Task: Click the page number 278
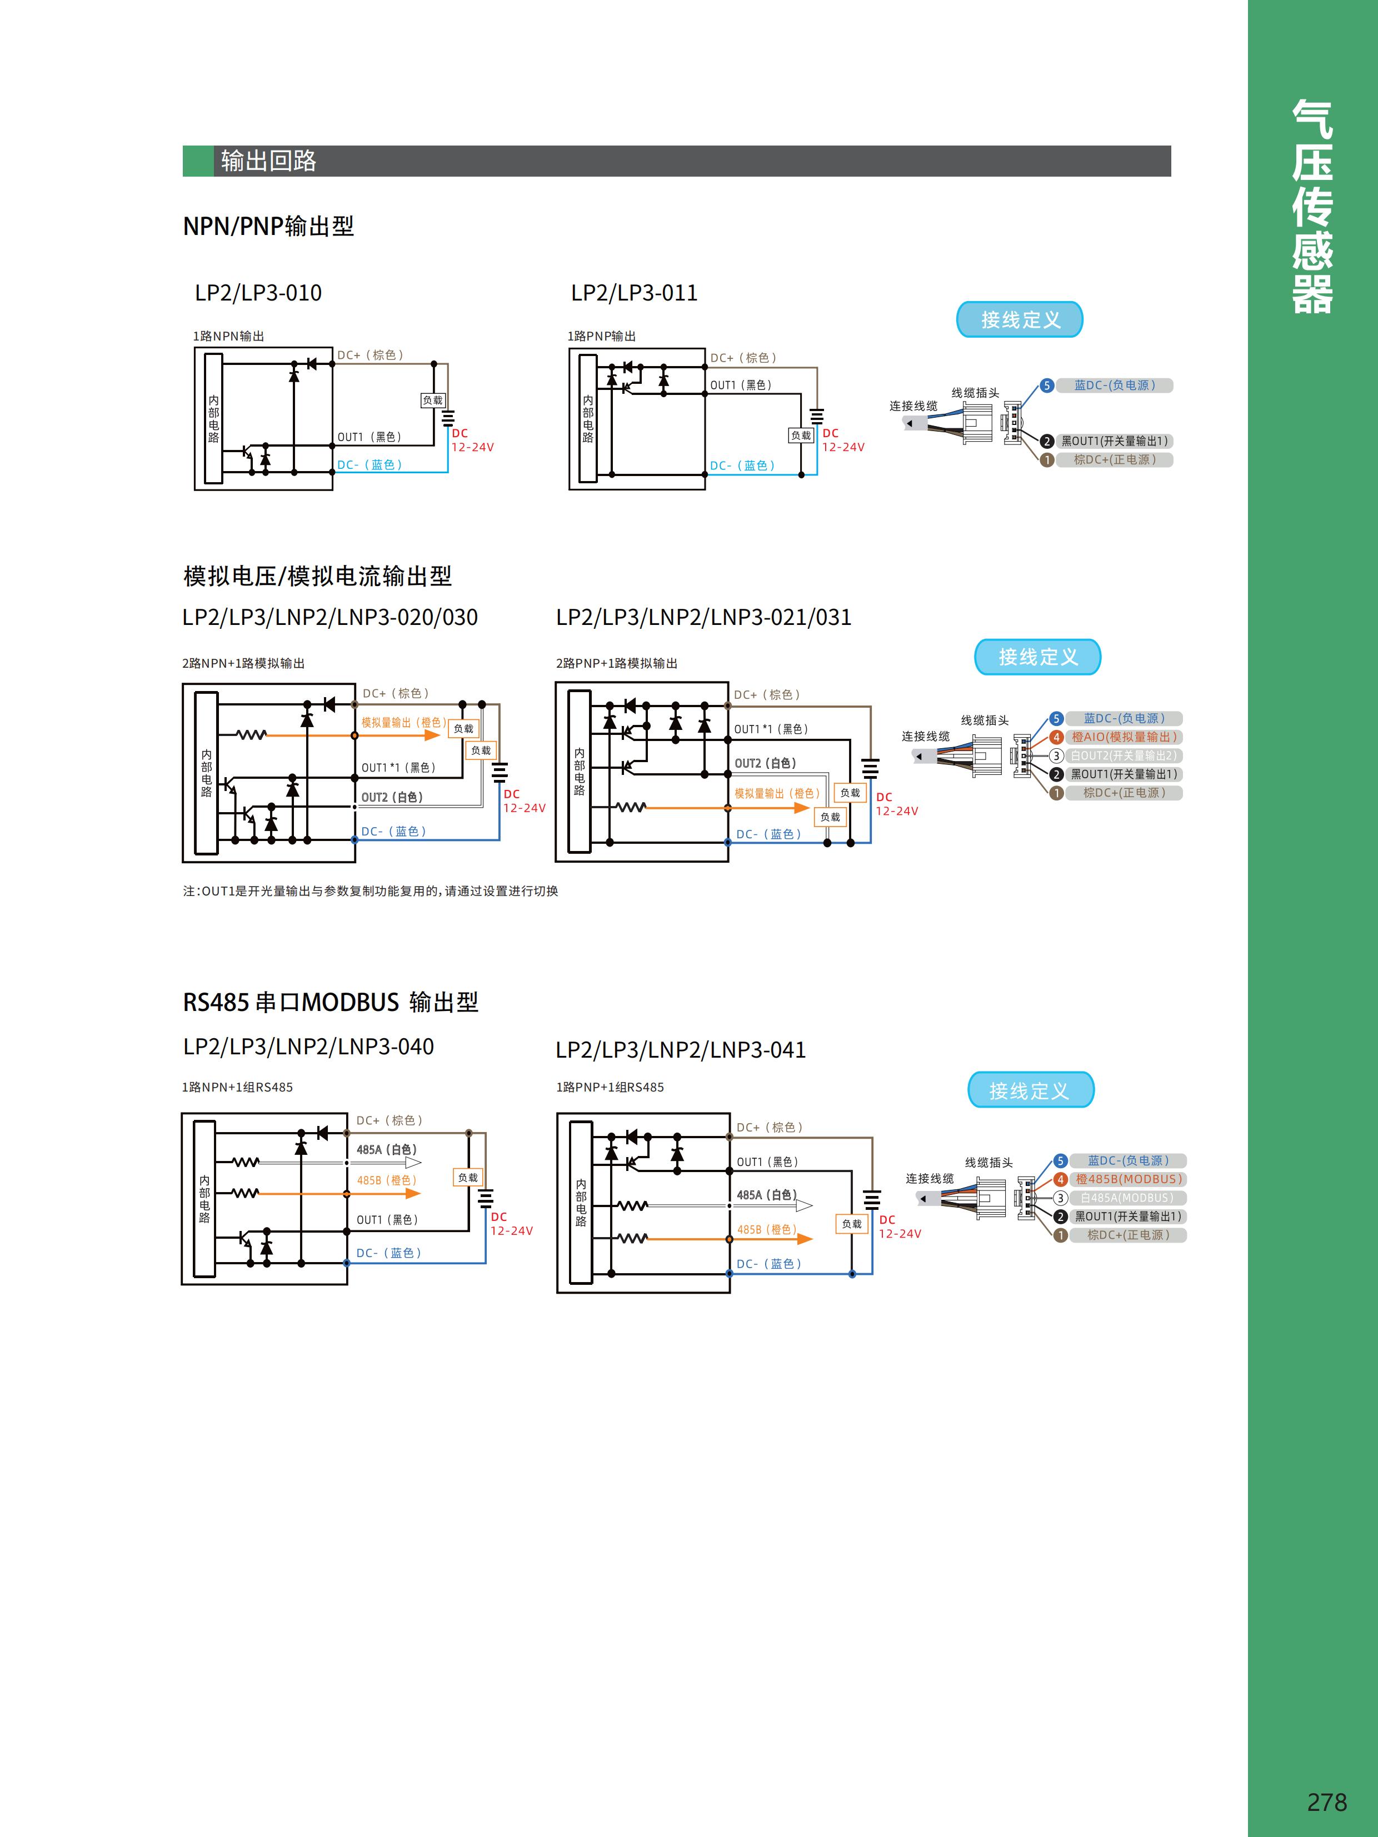coord(1326,1801)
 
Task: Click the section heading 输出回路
coord(268,161)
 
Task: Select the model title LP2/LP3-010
coord(258,293)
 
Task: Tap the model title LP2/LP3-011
coord(634,293)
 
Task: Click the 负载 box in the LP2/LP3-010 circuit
coord(433,401)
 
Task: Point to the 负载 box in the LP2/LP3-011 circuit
coord(801,435)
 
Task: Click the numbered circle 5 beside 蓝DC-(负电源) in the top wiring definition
coord(1047,386)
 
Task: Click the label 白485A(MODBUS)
coord(1127,1198)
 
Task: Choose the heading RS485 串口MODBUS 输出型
coord(331,1002)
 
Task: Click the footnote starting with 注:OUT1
coord(371,891)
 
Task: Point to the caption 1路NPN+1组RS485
coord(238,1087)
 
